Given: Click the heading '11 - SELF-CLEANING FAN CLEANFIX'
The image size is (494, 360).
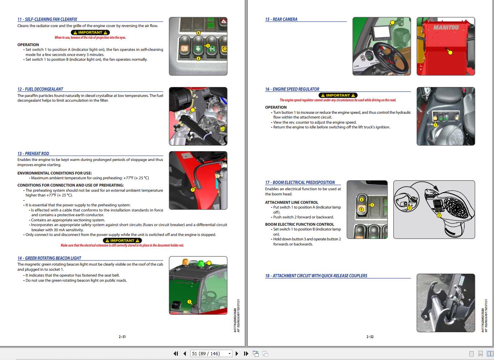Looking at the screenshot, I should [x=47, y=19].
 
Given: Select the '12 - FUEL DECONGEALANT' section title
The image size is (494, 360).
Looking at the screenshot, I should [x=40, y=89].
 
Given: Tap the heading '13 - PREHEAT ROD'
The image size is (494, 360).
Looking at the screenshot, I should [x=33, y=154].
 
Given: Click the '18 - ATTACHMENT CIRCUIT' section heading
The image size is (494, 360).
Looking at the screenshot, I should [x=316, y=276].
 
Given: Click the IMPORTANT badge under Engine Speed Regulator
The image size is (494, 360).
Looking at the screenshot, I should [x=338, y=95].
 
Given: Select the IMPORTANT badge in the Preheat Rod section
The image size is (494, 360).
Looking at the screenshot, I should [x=122, y=240].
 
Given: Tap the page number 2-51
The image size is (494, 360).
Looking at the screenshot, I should [x=122, y=337].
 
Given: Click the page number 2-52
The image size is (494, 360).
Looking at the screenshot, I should [x=370, y=337].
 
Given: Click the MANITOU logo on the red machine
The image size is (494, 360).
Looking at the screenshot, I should [x=446, y=27].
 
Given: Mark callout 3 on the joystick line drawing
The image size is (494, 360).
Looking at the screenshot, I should [x=410, y=208].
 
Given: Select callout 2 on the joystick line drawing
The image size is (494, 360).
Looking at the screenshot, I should [x=439, y=215].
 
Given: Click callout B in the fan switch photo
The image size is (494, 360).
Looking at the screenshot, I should [x=199, y=33].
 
